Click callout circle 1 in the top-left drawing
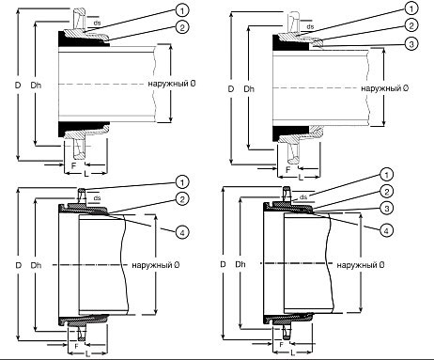coord(182,10)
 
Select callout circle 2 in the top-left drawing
coord(182,27)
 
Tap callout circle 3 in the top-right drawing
coord(411,43)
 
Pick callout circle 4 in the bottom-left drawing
coord(182,232)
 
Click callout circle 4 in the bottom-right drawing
coord(386,230)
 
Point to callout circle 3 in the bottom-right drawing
coord(386,208)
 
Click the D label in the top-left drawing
coord(18,85)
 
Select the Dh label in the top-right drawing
coord(249,89)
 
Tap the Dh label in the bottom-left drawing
coord(36,265)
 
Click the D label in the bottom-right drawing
coord(223,264)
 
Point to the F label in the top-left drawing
coord(73,165)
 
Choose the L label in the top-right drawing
coord(301,178)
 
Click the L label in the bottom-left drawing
coord(88,354)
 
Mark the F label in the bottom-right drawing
coord(282,345)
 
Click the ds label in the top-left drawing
coord(97,23)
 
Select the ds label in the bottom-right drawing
coord(303,197)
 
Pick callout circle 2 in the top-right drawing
coord(411,25)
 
